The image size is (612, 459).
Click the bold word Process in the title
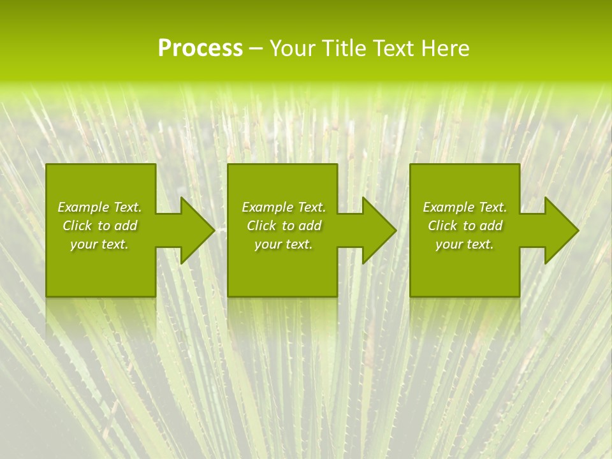tap(200, 48)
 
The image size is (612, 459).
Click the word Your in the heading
tap(294, 48)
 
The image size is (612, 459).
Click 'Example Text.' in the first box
tap(99, 207)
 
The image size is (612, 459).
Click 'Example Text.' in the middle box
tap(284, 207)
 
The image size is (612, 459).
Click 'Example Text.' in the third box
tap(465, 207)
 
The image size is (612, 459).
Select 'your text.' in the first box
tap(99, 244)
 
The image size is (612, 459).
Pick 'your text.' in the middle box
tap(284, 244)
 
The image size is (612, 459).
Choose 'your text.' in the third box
tap(465, 244)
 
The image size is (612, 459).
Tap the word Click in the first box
tap(77, 226)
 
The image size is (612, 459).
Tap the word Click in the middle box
tap(261, 226)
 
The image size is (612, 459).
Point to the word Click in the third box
tap(442, 226)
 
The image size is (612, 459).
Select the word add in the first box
tap(125, 226)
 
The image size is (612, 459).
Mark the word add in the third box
tap(490, 226)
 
